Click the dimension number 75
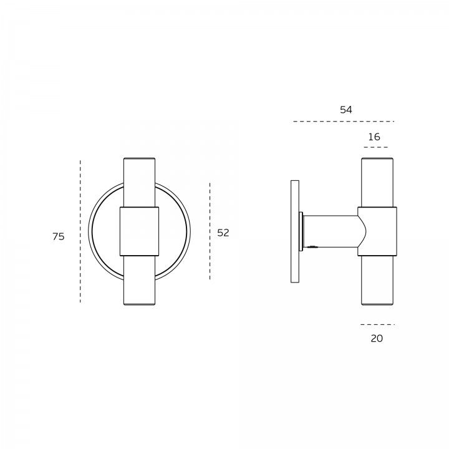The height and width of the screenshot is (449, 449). [59, 236]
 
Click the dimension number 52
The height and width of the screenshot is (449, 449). [223, 233]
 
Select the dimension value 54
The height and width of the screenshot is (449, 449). [346, 110]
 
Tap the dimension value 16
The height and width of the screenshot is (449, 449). [374, 137]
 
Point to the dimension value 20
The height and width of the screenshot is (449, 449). [377, 339]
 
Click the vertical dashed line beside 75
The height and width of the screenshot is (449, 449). [80, 231]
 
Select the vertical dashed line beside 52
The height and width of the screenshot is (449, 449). [210, 231]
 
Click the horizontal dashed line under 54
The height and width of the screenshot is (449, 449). [344, 122]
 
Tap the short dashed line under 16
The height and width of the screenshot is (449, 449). [375, 147]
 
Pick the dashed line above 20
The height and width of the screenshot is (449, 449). [377, 324]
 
